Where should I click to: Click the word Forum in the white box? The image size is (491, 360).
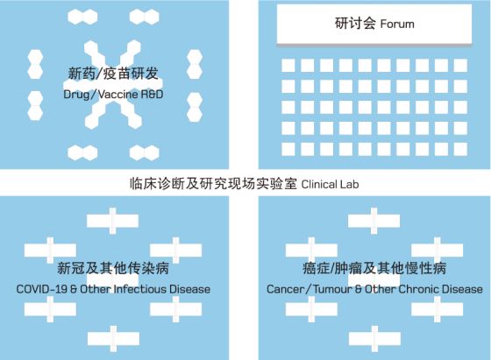(x=397, y=24)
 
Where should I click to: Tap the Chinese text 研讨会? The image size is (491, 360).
(x=355, y=23)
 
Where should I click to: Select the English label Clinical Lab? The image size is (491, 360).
(x=330, y=184)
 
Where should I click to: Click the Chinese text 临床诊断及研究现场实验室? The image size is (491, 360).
(x=213, y=184)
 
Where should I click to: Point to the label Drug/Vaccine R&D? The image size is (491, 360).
(x=113, y=94)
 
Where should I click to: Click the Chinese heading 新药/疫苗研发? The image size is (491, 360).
(x=113, y=74)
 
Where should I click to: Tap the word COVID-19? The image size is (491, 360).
(x=42, y=289)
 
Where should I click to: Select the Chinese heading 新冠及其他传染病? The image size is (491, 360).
(x=113, y=268)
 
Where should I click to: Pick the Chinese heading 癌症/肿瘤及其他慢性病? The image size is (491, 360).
(x=374, y=268)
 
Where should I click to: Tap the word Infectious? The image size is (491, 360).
(x=140, y=289)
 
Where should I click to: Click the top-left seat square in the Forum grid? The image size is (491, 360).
(x=288, y=66)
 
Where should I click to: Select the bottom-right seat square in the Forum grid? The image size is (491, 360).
(x=460, y=149)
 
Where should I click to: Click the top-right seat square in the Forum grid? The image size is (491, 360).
(x=460, y=66)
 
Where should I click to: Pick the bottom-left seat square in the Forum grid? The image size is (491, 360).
(x=288, y=149)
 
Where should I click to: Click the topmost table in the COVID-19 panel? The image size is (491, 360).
(x=112, y=221)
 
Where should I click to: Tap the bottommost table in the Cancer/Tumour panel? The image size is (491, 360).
(x=374, y=339)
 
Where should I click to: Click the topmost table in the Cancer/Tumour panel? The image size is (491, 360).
(x=374, y=221)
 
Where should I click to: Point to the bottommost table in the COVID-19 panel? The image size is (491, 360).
(x=113, y=339)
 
